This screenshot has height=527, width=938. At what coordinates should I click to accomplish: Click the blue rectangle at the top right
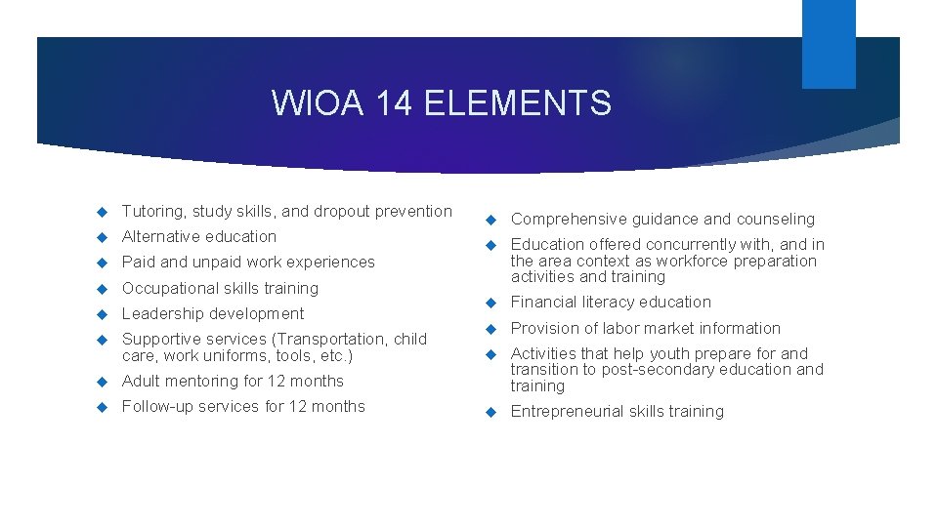click(x=829, y=44)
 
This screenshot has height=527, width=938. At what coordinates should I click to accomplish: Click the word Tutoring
click(x=152, y=212)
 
